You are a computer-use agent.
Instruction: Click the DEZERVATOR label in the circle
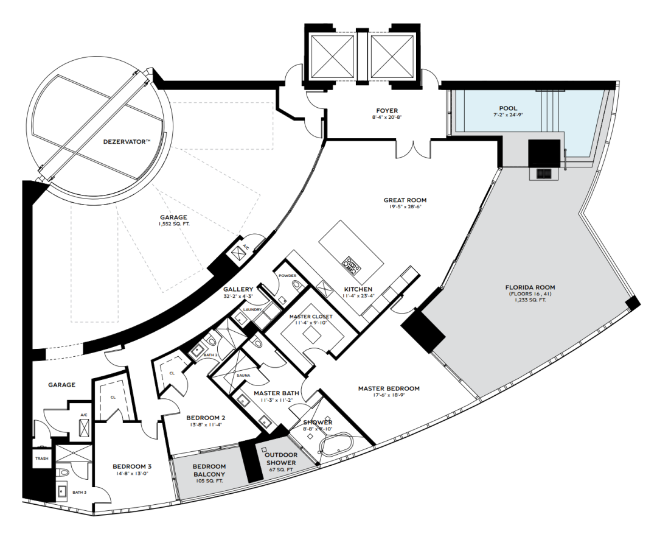coord(127,142)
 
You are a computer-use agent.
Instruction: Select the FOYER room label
coord(387,111)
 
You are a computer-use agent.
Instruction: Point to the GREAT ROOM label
coord(405,200)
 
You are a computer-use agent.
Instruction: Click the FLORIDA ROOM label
coord(530,287)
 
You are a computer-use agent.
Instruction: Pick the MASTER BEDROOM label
coord(388,388)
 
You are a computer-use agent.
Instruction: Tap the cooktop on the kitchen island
coord(352,264)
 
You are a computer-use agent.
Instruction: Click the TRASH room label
coord(41,458)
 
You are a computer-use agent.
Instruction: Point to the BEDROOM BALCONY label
coord(209,470)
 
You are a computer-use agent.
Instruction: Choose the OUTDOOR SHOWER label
coord(281,458)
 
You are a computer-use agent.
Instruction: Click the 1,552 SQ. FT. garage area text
coord(173,225)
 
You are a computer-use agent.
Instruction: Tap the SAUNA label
coord(243,376)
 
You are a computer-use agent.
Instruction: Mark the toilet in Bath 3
coord(63,473)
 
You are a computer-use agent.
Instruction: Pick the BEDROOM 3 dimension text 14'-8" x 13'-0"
coord(132,473)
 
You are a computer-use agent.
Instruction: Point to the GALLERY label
coord(238,289)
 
